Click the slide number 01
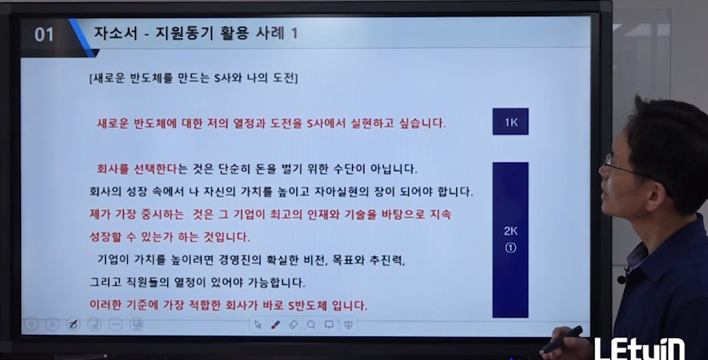pyautogui.click(x=44, y=35)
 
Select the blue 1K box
pyautogui.click(x=510, y=121)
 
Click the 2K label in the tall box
pyautogui.click(x=511, y=231)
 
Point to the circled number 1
pyautogui.click(x=511, y=248)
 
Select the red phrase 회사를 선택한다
pyautogui.click(x=137, y=169)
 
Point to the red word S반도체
pyautogui.click(x=307, y=305)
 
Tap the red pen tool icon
pyautogui.click(x=275, y=325)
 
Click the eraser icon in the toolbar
pyautogui.click(x=293, y=325)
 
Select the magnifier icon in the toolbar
pyautogui.click(x=311, y=325)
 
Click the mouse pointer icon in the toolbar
pyautogui.click(x=257, y=325)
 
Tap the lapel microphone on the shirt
pyautogui.click(x=622, y=279)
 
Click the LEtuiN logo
pyautogui.click(x=639, y=349)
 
